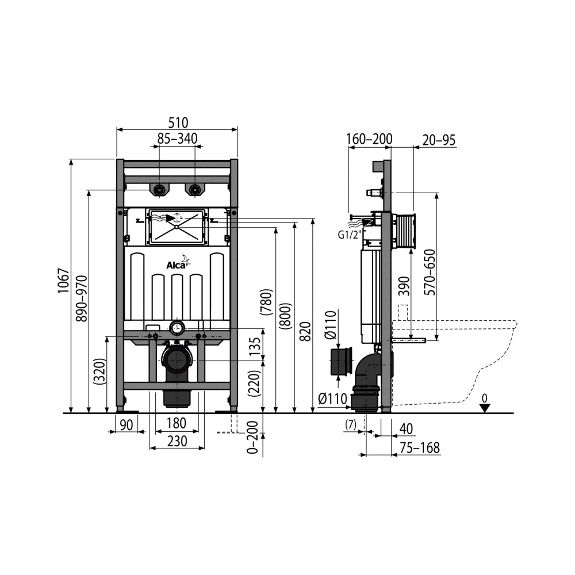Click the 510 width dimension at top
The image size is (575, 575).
pyautogui.click(x=178, y=122)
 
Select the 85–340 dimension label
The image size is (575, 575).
pyautogui.click(x=178, y=139)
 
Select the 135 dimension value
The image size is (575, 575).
pyautogui.click(x=254, y=346)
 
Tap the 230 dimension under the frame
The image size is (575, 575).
pyautogui.click(x=177, y=441)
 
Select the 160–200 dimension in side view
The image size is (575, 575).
pyautogui.click(x=369, y=139)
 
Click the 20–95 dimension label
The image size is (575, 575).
pyautogui.click(x=438, y=139)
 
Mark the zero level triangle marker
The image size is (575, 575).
pyautogui.click(x=485, y=407)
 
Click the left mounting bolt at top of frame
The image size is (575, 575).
pyautogui.click(x=159, y=189)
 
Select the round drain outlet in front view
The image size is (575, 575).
pyautogui.click(x=177, y=359)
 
